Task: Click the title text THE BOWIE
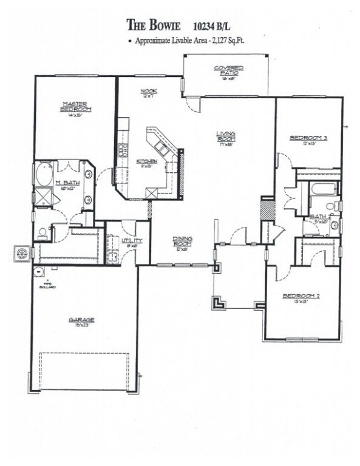[x=154, y=24]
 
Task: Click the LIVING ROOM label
[x=226, y=137]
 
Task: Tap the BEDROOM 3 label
[x=308, y=138]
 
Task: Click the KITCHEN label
[x=149, y=160]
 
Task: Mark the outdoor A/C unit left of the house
[x=22, y=252]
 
